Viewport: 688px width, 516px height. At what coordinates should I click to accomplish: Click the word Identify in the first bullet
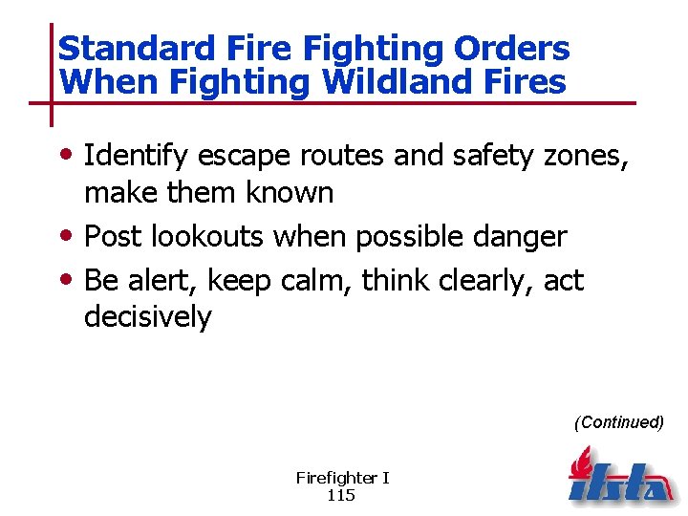coord(137,156)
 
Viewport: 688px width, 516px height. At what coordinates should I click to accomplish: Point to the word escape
coord(246,156)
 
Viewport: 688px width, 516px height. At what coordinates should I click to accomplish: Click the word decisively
coord(147,316)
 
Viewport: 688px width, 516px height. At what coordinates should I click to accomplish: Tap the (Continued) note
coord(618,421)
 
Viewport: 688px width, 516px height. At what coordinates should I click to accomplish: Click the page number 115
coord(342,494)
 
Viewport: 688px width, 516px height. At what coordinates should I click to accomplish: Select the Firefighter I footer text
coord(342,478)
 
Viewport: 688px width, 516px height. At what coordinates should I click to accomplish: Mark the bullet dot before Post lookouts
coord(72,235)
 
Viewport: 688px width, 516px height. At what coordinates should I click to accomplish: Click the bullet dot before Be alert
coord(72,279)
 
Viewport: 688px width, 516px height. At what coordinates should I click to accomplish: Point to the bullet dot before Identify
coord(72,155)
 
